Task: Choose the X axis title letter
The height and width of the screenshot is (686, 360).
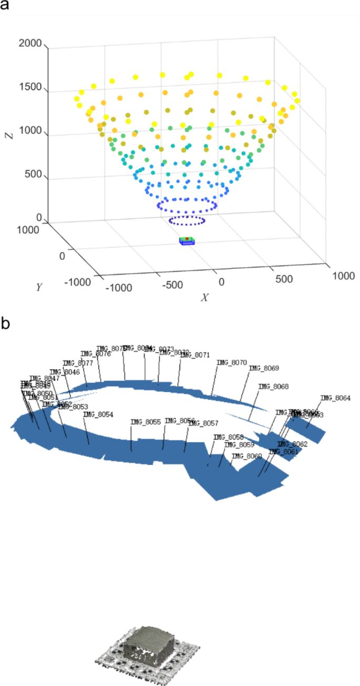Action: (x=205, y=298)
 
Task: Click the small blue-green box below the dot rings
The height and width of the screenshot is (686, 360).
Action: (x=187, y=241)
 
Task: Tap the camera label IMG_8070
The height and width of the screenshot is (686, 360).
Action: (x=231, y=362)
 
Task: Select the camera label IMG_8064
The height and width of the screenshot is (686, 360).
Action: (x=335, y=398)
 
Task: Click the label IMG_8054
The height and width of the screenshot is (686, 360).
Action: (x=98, y=414)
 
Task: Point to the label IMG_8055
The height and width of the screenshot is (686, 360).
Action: (x=146, y=422)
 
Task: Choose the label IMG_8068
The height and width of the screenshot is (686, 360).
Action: (x=273, y=387)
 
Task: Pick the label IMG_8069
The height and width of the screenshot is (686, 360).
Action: (x=264, y=368)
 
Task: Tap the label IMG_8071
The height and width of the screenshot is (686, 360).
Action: (x=194, y=355)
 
